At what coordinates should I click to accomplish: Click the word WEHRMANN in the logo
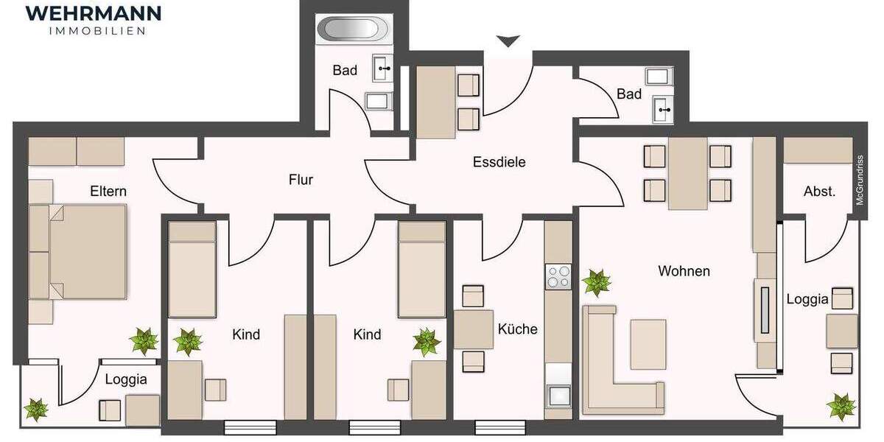pyautogui.click(x=94, y=13)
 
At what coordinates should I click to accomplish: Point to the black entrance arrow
pyautogui.click(x=508, y=41)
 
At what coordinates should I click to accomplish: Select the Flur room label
pyautogui.click(x=301, y=179)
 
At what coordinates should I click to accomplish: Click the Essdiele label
pyautogui.click(x=499, y=162)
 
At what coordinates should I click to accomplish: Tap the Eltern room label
pyautogui.click(x=108, y=192)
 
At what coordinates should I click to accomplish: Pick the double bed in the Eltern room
pyautogui.click(x=79, y=252)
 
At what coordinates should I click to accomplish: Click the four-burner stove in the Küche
pyautogui.click(x=558, y=276)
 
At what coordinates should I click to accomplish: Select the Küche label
pyautogui.click(x=517, y=329)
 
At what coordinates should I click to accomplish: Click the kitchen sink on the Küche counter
pyautogui.click(x=558, y=395)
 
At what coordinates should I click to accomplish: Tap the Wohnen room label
pyautogui.click(x=684, y=271)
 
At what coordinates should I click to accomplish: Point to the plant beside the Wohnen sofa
pyautogui.click(x=596, y=283)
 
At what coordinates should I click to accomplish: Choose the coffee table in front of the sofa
pyautogui.click(x=648, y=343)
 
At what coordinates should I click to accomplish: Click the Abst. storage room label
pyautogui.click(x=819, y=192)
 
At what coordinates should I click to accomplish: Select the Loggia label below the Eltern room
pyautogui.click(x=126, y=380)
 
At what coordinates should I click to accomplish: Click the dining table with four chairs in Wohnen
pyautogui.click(x=688, y=173)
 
